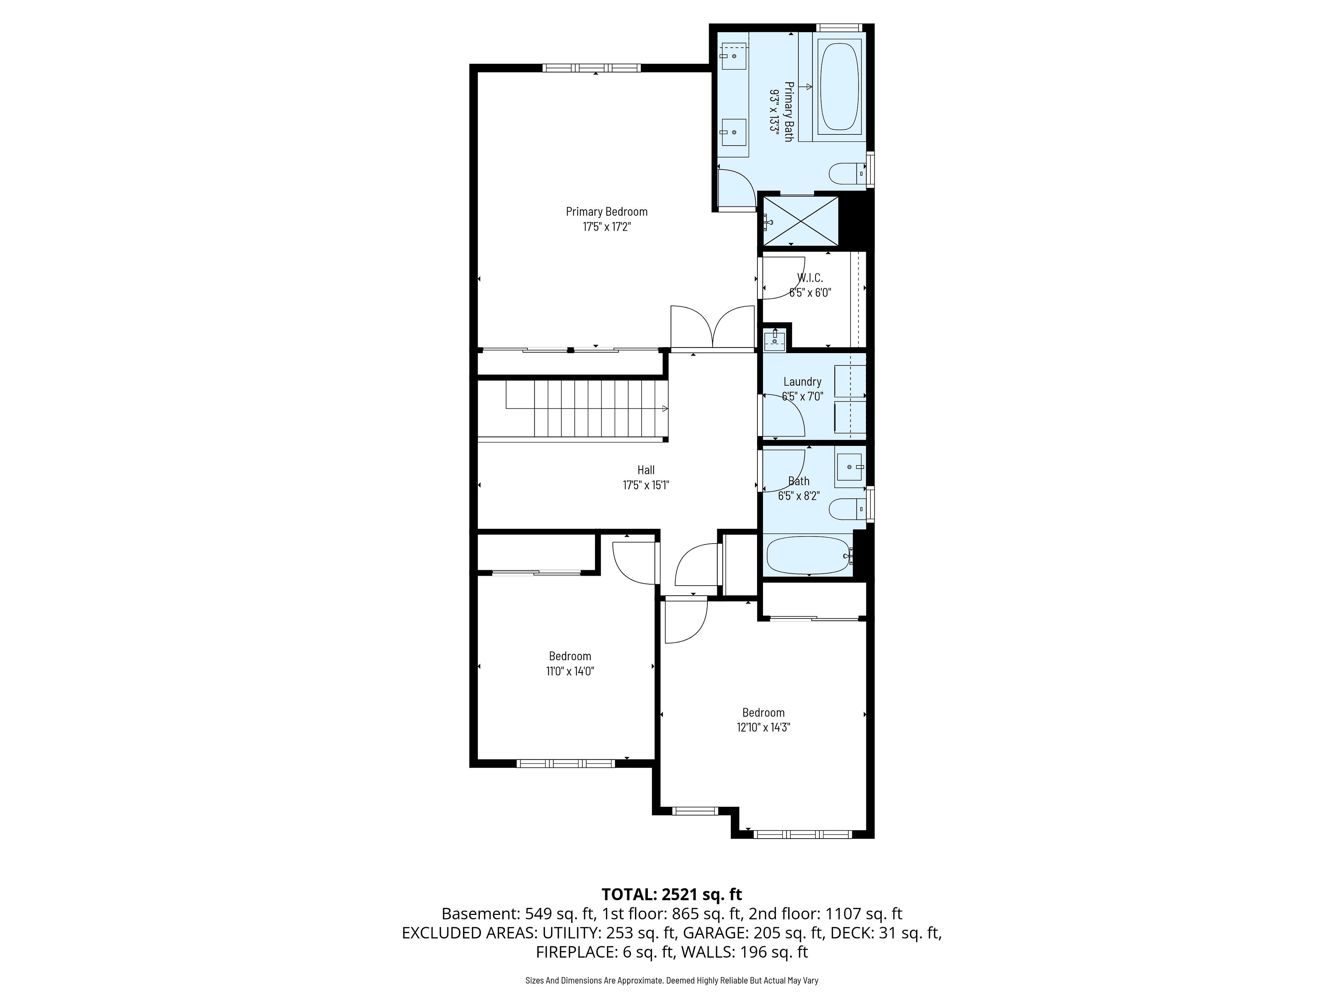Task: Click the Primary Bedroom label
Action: (x=607, y=211)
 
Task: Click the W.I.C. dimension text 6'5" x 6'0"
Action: (x=810, y=292)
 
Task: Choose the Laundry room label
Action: (x=802, y=381)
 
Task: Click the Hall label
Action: (x=646, y=470)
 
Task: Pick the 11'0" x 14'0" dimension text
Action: (x=570, y=671)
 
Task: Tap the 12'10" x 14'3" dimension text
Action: (x=763, y=727)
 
